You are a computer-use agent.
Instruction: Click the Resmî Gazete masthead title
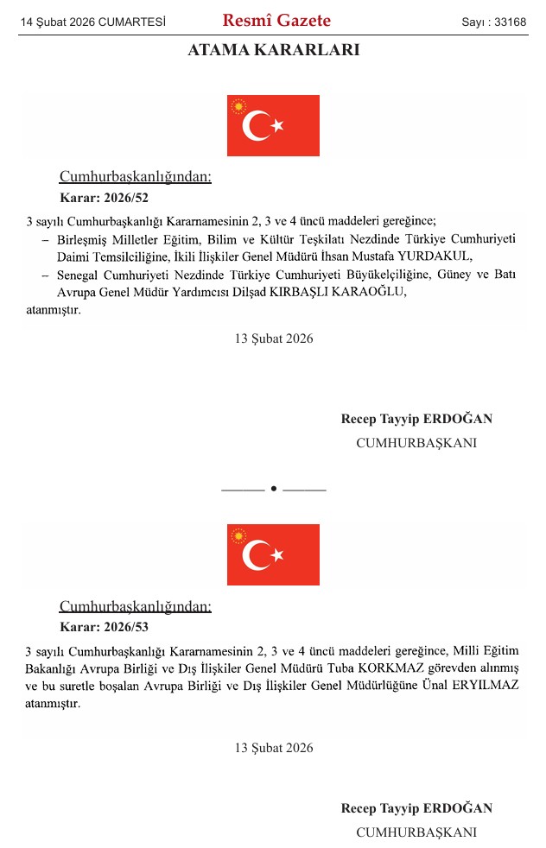tap(276, 21)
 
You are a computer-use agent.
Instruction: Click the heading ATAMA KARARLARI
tap(273, 51)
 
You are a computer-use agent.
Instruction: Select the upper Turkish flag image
tap(273, 125)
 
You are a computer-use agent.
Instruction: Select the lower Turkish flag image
tap(273, 554)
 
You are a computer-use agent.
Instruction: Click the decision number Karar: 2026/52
tap(104, 197)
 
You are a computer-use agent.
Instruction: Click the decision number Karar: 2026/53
tap(104, 626)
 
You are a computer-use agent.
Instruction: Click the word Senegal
tap(77, 275)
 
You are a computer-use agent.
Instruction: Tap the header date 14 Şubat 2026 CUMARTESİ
tap(93, 22)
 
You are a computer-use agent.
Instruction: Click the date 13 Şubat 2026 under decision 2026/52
tap(273, 339)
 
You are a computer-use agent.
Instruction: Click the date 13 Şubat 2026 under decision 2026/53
tap(273, 748)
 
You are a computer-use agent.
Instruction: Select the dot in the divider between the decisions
tap(273, 489)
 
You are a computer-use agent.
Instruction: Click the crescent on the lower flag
tap(256, 555)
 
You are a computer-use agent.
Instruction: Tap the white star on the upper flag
tap(277, 126)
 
